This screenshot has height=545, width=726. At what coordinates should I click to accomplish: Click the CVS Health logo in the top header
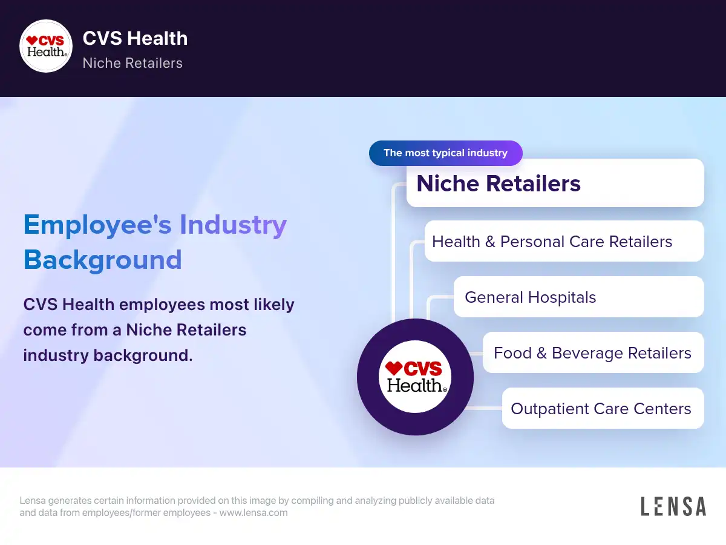click(46, 46)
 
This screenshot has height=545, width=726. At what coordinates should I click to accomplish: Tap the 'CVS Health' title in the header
click(136, 38)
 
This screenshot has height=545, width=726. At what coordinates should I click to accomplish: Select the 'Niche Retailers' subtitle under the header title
click(132, 63)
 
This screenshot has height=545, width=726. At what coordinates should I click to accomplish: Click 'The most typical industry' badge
click(445, 153)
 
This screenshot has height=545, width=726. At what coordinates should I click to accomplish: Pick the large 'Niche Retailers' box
click(555, 183)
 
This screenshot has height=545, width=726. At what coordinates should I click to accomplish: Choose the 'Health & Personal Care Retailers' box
click(564, 241)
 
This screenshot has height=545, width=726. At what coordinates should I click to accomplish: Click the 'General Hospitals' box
click(578, 297)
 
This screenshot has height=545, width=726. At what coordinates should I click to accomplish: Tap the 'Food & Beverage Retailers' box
click(593, 352)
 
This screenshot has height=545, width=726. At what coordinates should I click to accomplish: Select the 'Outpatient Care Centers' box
click(603, 408)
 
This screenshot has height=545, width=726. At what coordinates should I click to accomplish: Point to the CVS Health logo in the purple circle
click(415, 377)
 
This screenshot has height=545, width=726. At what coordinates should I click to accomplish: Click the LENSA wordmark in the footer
click(673, 506)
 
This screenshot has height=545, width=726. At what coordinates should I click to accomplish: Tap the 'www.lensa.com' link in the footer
click(253, 512)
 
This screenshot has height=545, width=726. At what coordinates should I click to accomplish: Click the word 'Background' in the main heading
click(102, 260)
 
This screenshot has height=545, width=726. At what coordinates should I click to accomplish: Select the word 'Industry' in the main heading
click(233, 225)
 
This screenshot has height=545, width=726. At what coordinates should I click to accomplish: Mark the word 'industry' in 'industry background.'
click(56, 355)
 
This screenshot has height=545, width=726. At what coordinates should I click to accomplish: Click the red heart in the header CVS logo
click(31, 41)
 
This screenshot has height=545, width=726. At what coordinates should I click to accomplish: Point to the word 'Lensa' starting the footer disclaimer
click(33, 500)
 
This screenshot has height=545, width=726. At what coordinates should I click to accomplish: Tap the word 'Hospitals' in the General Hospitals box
click(562, 297)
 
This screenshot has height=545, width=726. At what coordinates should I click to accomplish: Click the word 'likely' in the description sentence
click(274, 305)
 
